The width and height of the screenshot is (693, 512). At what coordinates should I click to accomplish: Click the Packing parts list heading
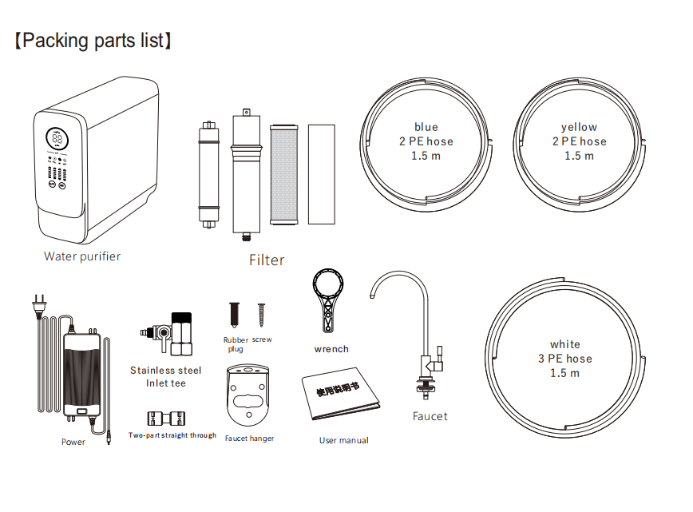pos(93,41)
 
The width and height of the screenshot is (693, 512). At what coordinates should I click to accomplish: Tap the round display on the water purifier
pos(57,138)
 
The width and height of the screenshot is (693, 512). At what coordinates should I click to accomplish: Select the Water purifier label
pos(82,256)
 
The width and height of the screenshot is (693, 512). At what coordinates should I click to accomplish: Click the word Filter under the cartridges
pos(267,260)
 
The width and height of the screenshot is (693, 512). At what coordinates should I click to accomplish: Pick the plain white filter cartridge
pos(321,174)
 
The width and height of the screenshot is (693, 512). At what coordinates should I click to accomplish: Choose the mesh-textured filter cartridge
pos(283,175)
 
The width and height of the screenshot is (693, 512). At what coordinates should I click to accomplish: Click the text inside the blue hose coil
pos(426,141)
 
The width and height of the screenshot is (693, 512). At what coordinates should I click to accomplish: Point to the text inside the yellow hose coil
pos(579,141)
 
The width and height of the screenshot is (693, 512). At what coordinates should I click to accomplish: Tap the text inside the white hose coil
pos(564,359)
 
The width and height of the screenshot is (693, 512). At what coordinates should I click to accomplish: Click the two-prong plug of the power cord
pos(39,306)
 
